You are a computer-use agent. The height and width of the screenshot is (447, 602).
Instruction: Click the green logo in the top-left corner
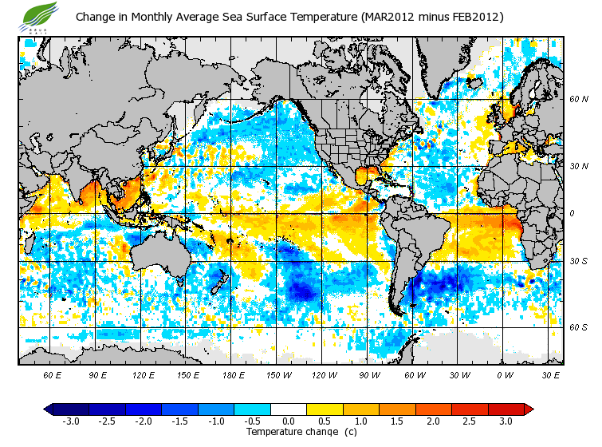tap(39, 14)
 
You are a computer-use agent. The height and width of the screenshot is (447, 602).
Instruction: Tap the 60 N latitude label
tap(578, 99)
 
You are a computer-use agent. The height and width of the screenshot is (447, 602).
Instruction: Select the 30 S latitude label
tap(578, 261)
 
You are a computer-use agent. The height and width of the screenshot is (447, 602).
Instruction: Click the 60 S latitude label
tap(578, 327)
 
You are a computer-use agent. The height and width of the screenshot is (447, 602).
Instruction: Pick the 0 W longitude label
tap(504, 374)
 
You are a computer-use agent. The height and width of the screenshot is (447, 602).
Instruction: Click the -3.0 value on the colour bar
tap(70, 421)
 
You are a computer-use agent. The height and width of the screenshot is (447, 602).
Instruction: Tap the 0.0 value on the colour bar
tap(289, 421)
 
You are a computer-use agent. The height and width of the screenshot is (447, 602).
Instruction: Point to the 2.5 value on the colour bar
tap(470, 421)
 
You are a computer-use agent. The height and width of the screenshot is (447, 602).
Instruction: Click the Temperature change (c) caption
tap(289, 432)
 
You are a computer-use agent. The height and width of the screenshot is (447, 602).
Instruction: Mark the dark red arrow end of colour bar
tap(529, 409)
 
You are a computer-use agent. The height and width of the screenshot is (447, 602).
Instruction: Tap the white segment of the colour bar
tap(289, 409)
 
